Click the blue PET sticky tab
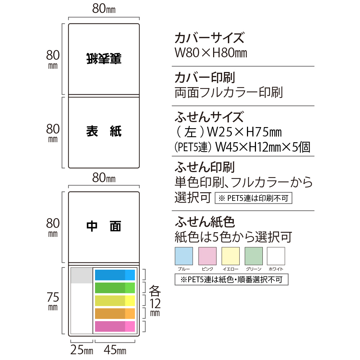(x=115, y=275)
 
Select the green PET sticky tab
(x=115, y=288)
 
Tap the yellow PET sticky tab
(x=115, y=301)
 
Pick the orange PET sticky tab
(x=115, y=314)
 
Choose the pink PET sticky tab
(x=115, y=327)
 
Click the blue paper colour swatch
(x=184, y=256)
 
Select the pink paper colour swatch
(x=207, y=256)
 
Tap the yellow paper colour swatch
(x=230, y=256)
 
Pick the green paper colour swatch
(x=254, y=256)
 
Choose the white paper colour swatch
(x=276, y=256)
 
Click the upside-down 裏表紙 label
(x=104, y=59)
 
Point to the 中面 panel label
(x=104, y=226)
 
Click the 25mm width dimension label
(x=82, y=350)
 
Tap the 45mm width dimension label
(x=115, y=350)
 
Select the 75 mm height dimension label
(x=53, y=301)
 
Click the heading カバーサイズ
(x=210, y=38)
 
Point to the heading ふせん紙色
(x=205, y=222)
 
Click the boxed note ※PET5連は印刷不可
(x=253, y=198)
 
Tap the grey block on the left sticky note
(x=82, y=275)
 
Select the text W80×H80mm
(x=211, y=53)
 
